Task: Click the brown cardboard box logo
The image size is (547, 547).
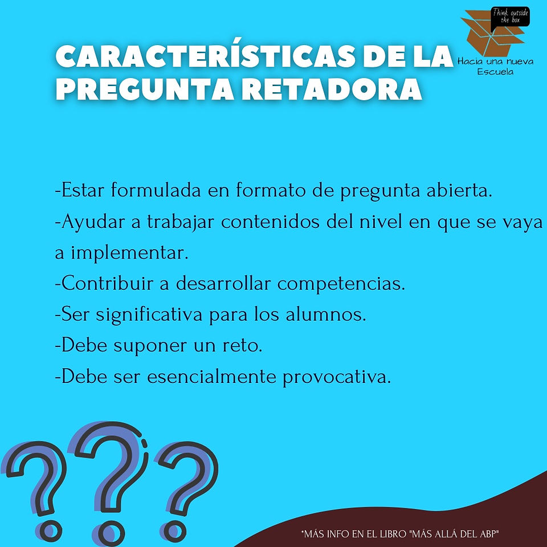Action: point(492,34)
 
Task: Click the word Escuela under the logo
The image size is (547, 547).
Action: point(495,72)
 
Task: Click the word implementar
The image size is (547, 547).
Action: point(129,254)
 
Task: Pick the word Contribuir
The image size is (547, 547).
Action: point(108,283)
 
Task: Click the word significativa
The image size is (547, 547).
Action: point(149,315)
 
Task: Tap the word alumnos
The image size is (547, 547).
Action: point(326,315)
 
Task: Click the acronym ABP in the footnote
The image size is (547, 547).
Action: point(488,534)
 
